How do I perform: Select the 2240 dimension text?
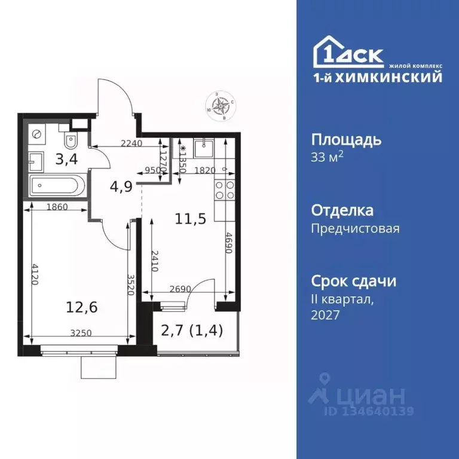(x=132, y=143)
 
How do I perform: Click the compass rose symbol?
(x=221, y=106)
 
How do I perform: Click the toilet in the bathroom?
(x=71, y=141)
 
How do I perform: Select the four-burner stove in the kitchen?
(x=224, y=190)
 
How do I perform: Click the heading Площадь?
(x=346, y=140)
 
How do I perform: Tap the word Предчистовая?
(x=355, y=228)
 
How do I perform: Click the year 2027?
(x=325, y=315)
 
